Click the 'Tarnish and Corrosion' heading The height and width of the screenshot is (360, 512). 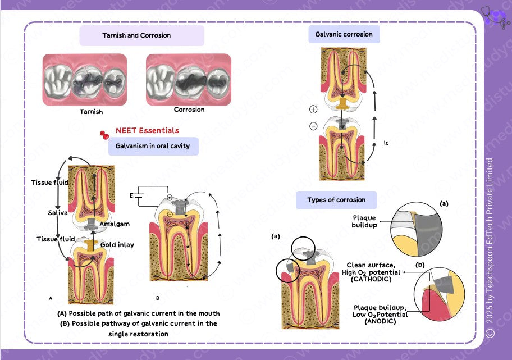coord(136,35)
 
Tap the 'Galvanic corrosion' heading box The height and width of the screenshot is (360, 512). coord(344,34)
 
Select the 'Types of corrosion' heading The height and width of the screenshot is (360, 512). coord(336,200)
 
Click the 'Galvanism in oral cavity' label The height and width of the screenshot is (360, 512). coord(153,146)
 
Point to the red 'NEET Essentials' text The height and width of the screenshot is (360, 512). coord(147,130)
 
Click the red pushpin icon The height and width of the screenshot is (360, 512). coord(104,135)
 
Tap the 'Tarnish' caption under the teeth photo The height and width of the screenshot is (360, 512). coord(91,112)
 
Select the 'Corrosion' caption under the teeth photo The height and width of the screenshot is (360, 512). coord(189,110)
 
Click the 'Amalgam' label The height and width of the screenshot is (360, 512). coord(115,224)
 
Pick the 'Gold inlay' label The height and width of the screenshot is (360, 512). coord(117,245)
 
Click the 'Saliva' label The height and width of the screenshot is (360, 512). coord(57,213)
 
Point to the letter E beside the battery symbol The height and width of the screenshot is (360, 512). coord(132,196)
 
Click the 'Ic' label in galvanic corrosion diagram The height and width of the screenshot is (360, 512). coord(386,143)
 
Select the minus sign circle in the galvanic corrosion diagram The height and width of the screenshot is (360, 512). coord(313,126)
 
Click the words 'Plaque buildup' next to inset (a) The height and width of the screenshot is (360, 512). coord(365,222)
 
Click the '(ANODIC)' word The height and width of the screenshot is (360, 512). coord(380,321)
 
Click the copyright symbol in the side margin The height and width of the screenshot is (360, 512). coord(490,333)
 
